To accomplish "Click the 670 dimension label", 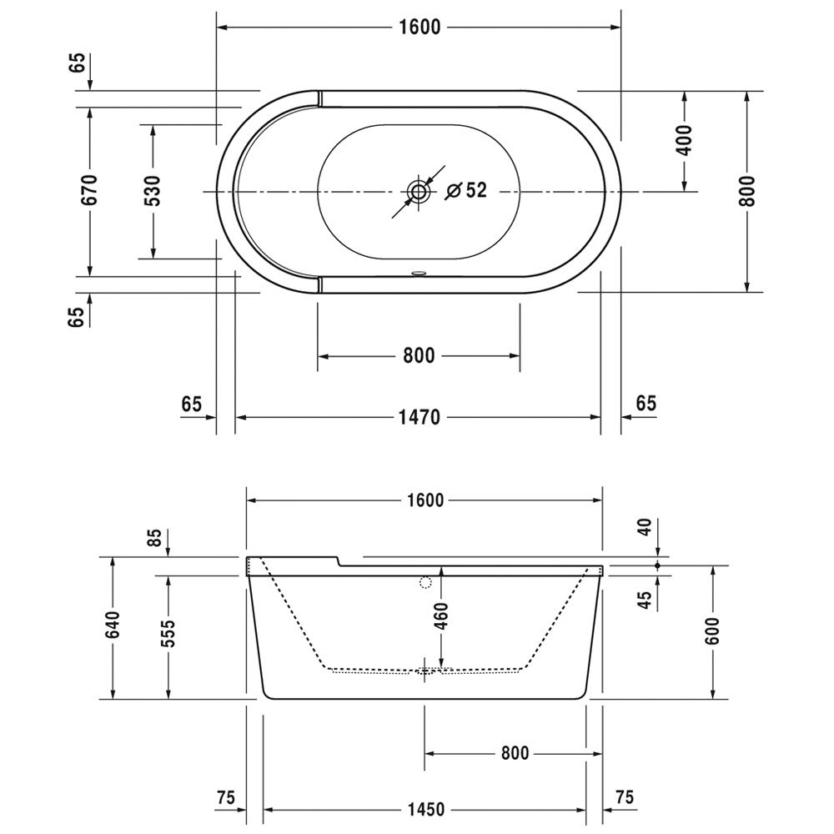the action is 90,190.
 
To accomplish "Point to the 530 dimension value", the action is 153,190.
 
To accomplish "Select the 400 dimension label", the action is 685,140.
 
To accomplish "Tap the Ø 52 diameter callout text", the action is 466,190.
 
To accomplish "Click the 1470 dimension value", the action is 420,418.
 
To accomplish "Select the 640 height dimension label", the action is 113,625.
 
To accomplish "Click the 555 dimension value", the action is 168,633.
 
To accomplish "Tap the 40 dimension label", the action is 644,527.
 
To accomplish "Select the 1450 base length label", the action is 426,810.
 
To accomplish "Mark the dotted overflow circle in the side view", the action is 425,582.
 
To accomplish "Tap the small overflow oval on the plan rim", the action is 419,274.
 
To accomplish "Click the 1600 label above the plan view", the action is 420,28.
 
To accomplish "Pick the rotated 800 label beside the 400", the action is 747,191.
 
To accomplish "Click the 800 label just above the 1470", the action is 419,355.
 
